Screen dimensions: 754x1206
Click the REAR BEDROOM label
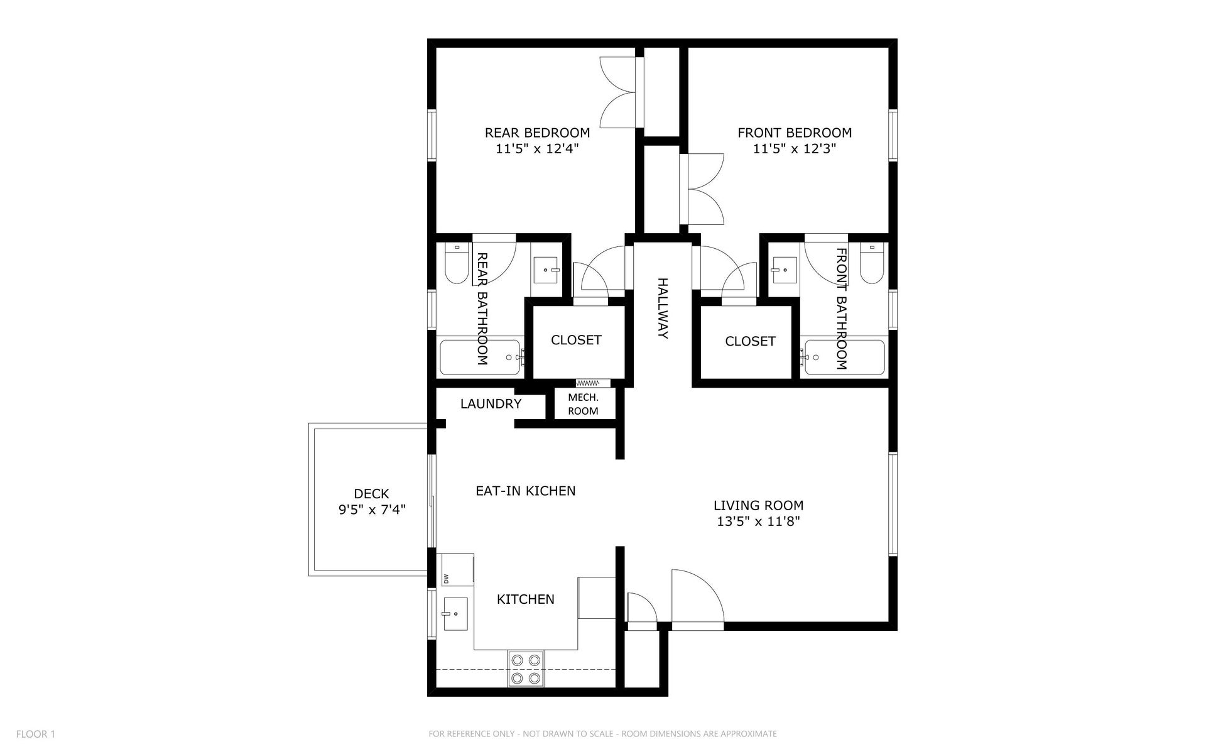(x=537, y=133)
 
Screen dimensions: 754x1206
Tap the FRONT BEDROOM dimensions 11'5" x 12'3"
(x=795, y=149)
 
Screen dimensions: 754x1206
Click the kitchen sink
(x=455, y=614)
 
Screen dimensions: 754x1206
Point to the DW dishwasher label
(x=447, y=578)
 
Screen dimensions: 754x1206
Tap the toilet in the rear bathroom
(x=456, y=265)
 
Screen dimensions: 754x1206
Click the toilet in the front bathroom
(x=871, y=265)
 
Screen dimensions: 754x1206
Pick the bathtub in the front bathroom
(x=844, y=358)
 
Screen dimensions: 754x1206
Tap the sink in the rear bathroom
(x=546, y=270)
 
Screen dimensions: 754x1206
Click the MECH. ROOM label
(x=583, y=404)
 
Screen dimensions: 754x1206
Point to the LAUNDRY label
(x=491, y=404)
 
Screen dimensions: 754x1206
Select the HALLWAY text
(x=662, y=308)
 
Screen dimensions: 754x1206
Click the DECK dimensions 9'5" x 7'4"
(x=372, y=510)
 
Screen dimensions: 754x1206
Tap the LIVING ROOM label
(x=758, y=505)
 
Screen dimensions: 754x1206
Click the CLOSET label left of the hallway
(x=576, y=340)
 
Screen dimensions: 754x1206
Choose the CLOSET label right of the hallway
(x=750, y=341)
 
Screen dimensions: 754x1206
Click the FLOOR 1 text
(x=36, y=734)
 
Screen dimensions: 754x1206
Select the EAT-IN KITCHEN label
(x=525, y=491)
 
